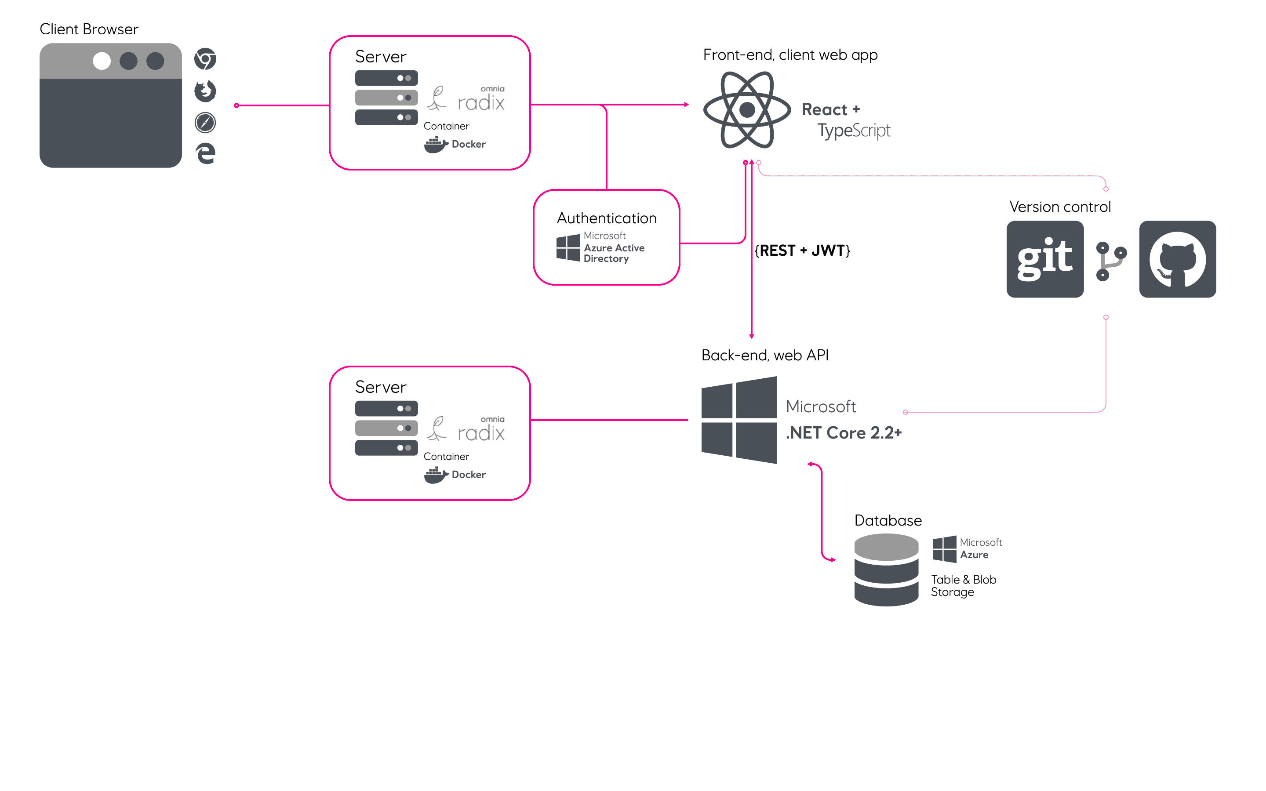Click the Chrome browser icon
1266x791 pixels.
coord(205,58)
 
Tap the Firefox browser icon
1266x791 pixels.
coord(205,91)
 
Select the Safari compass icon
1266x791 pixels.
coord(205,123)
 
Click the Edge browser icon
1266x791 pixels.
coord(206,153)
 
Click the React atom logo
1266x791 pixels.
coord(746,110)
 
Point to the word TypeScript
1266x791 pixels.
coord(853,130)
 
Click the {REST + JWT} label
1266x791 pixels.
coord(802,250)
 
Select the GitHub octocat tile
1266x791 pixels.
coord(1177,259)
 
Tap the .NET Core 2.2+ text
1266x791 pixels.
coord(843,433)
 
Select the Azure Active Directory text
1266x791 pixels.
coord(614,253)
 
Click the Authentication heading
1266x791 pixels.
coord(606,218)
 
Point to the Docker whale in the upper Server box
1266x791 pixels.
coord(435,145)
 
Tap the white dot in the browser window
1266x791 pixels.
coord(102,61)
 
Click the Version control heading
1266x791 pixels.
coord(1059,207)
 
